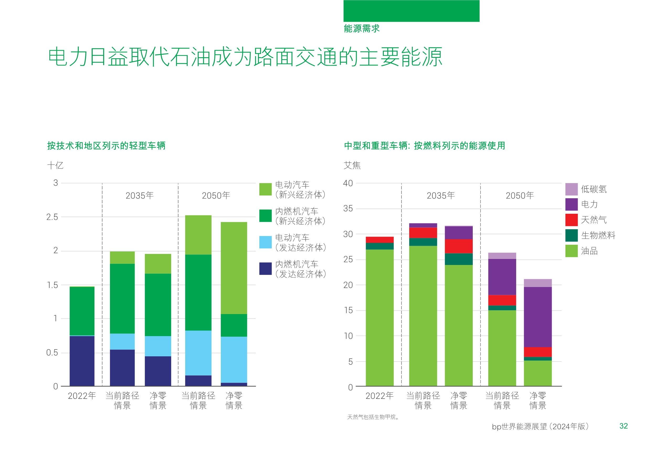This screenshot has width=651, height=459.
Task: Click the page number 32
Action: point(623,426)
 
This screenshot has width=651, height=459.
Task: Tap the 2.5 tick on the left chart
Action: point(52,217)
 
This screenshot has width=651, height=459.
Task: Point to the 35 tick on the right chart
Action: point(348,209)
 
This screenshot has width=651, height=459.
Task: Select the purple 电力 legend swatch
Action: point(571,205)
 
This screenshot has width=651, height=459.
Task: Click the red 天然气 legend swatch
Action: point(571,220)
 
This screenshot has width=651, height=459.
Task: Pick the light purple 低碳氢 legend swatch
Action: point(571,189)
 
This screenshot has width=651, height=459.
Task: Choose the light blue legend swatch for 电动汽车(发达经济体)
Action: point(265,242)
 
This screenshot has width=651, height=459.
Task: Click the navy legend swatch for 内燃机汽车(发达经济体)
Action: point(265,269)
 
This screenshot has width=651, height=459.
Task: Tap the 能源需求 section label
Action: point(361,29)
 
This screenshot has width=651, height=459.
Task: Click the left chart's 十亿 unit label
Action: point(55,165)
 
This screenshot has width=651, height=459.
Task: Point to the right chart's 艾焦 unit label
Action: point(352,165)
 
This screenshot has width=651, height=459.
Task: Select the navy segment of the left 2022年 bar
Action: point(82,361)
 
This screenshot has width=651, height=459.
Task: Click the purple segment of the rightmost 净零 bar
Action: point(538,317)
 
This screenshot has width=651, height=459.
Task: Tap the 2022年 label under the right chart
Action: point(379,396)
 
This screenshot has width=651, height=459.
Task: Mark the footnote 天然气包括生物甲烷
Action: point(373,417)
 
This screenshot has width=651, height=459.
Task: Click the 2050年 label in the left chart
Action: point(216,195)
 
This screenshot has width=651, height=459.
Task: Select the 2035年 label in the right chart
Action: point(441,195)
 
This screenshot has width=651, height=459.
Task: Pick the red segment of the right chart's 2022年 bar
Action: point(380,240)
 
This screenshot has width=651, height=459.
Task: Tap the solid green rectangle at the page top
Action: point(411,11)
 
